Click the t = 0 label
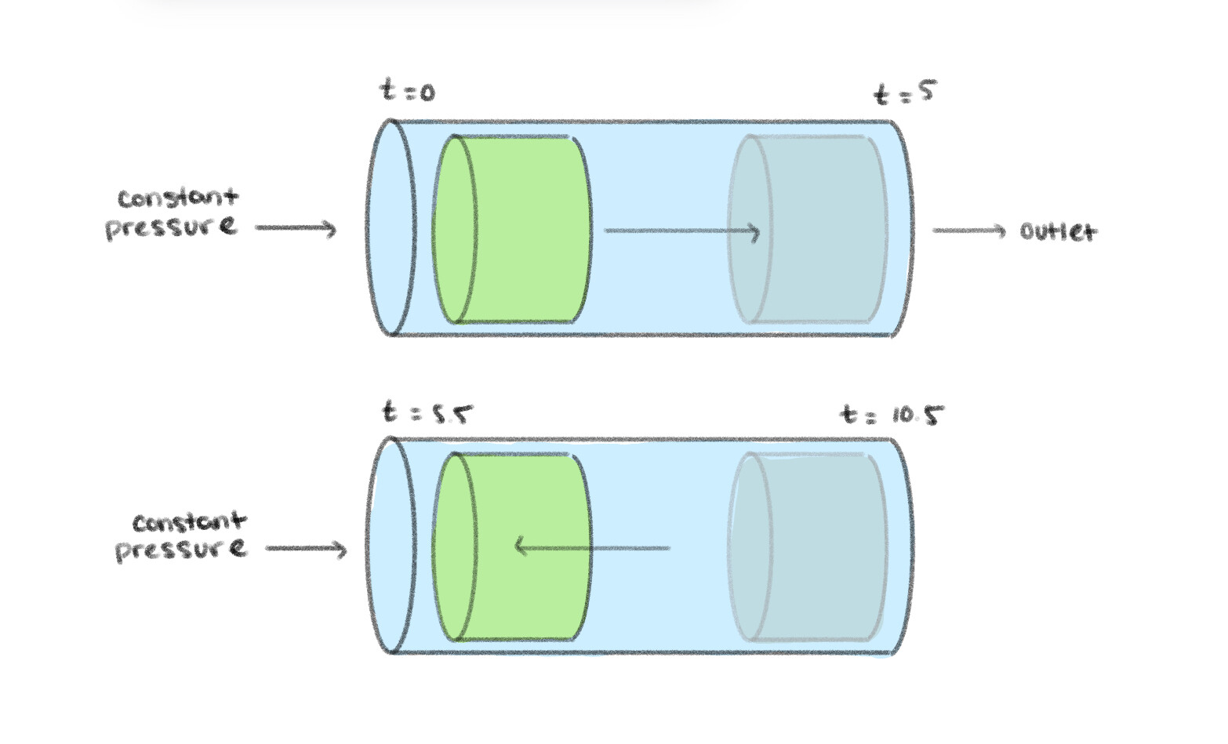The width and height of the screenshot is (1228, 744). pyautogui.click(x=407, y=91)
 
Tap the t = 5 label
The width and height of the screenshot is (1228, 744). pyautogui.click(x=905, y=93)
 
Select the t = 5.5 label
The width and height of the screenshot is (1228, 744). pyautogui.click(x=427, y=412)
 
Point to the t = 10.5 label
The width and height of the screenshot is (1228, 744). pyautogui.click(x=892, y=413)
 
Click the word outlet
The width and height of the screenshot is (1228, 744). pyautogui.click(x=1058, y=231)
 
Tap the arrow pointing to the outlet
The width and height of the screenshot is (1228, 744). pyautogui.click(x=968, y=230)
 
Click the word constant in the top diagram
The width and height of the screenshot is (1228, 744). pyautogui.click(x=177, y=198)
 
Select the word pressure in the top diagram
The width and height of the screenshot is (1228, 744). pyautogui.click(x=171, y=227)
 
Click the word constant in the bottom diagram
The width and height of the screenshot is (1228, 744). pyautogui.click(x=189, y=522)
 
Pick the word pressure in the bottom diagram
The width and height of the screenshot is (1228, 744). pyautogui.click(x=181, y=549)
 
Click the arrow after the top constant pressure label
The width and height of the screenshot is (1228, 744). pyautogui.click(x=296, y=228)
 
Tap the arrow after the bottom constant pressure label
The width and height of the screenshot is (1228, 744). pyautogui.click(x=306, y=549)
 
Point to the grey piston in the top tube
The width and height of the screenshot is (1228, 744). pyautogui.click(x=816, y=229)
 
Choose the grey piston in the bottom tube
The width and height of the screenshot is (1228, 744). pyautogui.click(x=816, y=547)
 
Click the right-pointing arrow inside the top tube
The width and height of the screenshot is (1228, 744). pyautogui.click(x=682, y=231)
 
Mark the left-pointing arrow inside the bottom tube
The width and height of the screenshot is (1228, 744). pyautogui.click(x=592, y=547)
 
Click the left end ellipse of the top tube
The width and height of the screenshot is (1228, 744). pyautogui.click(x=390, y=227)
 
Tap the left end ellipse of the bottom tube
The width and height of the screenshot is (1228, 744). pyautogui.click(x=390, y=546)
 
